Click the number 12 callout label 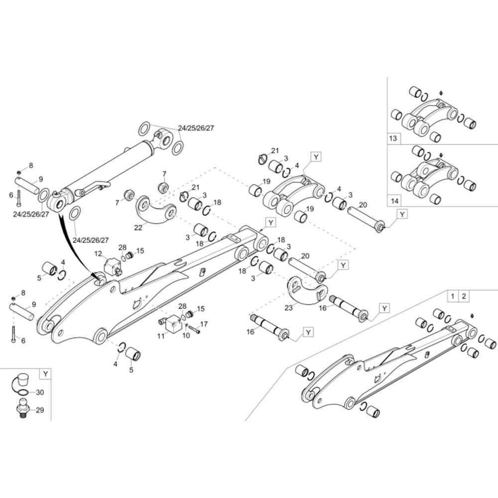pos(98,253)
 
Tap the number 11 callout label pos(161,336)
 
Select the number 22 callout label pos(138,228)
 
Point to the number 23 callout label pos(288,308)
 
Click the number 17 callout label pos(204,324)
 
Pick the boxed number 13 pos(393,138)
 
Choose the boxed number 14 pos(394,201)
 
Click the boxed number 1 pos(453,296)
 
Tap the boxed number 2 pos(464,296)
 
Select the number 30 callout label pos(40,392)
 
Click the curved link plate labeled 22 pos(156,211)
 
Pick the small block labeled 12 pos(112,266)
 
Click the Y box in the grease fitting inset pos(46,374)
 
